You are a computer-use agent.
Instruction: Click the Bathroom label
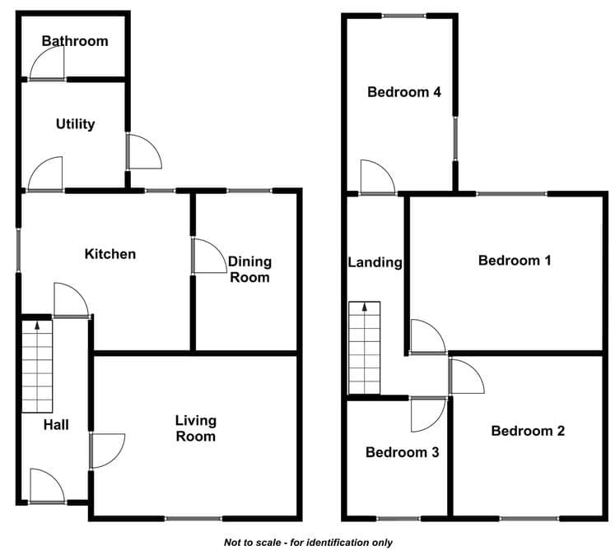75,41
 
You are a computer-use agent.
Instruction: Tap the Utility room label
75,124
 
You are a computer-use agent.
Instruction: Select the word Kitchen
110,254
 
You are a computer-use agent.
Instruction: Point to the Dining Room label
249,270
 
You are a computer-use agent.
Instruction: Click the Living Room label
196,428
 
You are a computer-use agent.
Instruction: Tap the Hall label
56,425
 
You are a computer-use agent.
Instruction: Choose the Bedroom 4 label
404,92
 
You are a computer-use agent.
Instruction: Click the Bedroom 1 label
515,261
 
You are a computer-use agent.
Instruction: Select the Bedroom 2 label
528,431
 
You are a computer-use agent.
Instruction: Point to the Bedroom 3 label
403,452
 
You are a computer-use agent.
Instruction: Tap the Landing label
375,262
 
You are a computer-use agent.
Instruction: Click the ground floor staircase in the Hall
37,367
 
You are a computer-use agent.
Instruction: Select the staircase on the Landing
365,348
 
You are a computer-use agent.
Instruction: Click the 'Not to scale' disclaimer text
308,543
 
